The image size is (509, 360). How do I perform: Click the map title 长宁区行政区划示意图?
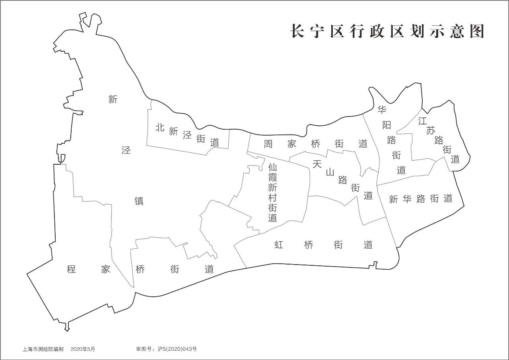(387, 31)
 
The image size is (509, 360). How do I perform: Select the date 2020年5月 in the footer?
(83, 349)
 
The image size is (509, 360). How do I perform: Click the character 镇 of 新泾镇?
(139, 201)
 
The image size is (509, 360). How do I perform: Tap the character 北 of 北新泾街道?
(160, 128)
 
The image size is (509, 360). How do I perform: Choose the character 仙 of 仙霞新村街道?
(272, 167)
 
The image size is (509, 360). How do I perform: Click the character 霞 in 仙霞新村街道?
(272, 177)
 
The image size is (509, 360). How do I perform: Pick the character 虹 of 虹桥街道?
(279, 245)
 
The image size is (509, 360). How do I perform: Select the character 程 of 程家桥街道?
(72, 269)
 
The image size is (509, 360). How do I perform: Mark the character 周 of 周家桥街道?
(268, 144)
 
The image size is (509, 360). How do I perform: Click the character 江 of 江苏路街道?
(422, 122)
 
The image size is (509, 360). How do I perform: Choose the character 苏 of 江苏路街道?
(431, 131)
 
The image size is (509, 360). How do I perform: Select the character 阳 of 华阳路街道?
(387, 125)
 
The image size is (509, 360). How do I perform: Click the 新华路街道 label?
(421, 199)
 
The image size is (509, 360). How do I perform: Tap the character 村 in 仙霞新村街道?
(272, 198)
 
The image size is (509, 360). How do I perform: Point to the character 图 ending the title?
(477, 31)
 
